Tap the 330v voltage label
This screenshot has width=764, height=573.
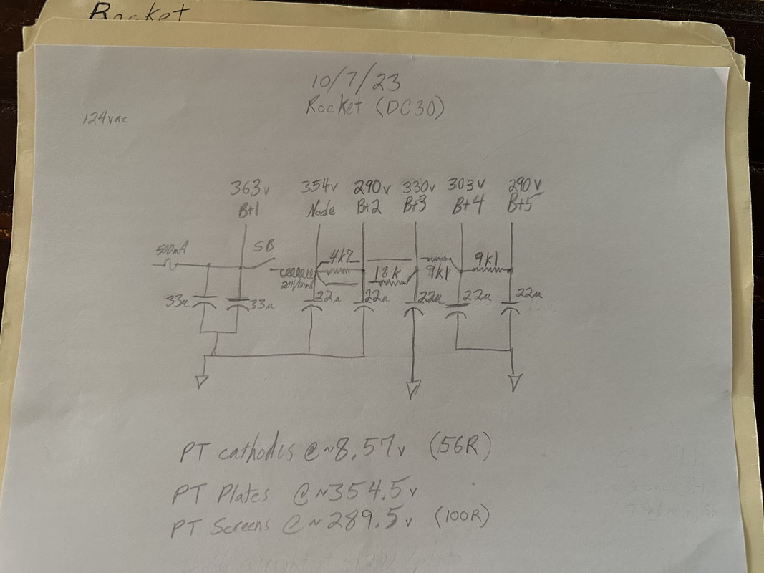(x=420, y=186)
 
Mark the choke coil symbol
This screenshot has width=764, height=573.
(x=293, y=273)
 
